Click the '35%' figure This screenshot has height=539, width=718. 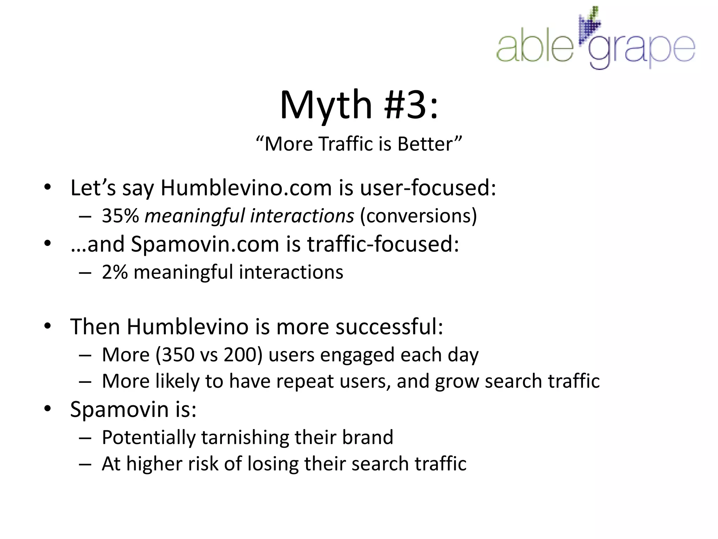point(120,215)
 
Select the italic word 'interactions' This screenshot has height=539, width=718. point(302,215)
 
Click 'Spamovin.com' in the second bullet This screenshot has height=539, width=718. point(205,244)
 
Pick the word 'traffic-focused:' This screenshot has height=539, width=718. point(383,244)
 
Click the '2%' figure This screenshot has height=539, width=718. point(115,272)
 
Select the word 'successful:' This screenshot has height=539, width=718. point(389,327)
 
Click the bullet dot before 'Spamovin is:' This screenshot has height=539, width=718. point(48,409)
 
